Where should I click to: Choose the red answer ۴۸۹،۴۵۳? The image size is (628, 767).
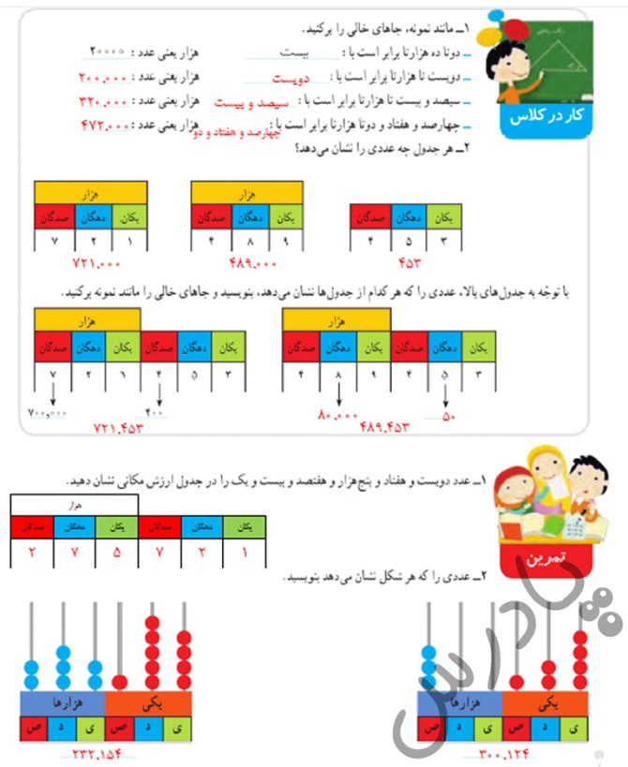coord(386,426)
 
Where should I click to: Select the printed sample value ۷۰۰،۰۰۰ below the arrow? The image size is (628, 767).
coord(47,413)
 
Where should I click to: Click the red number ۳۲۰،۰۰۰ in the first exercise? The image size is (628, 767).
coord(106,101)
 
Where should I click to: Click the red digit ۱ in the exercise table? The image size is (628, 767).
coord(245,552)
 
